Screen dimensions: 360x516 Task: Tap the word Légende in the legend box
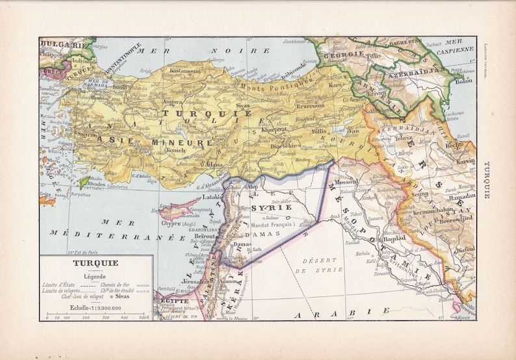[x=95, y=276]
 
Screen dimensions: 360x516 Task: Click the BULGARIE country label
[x=62, y=45]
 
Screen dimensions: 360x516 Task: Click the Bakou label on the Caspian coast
[x=464, y=82]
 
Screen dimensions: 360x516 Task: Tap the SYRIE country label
[x=264, y=207]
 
